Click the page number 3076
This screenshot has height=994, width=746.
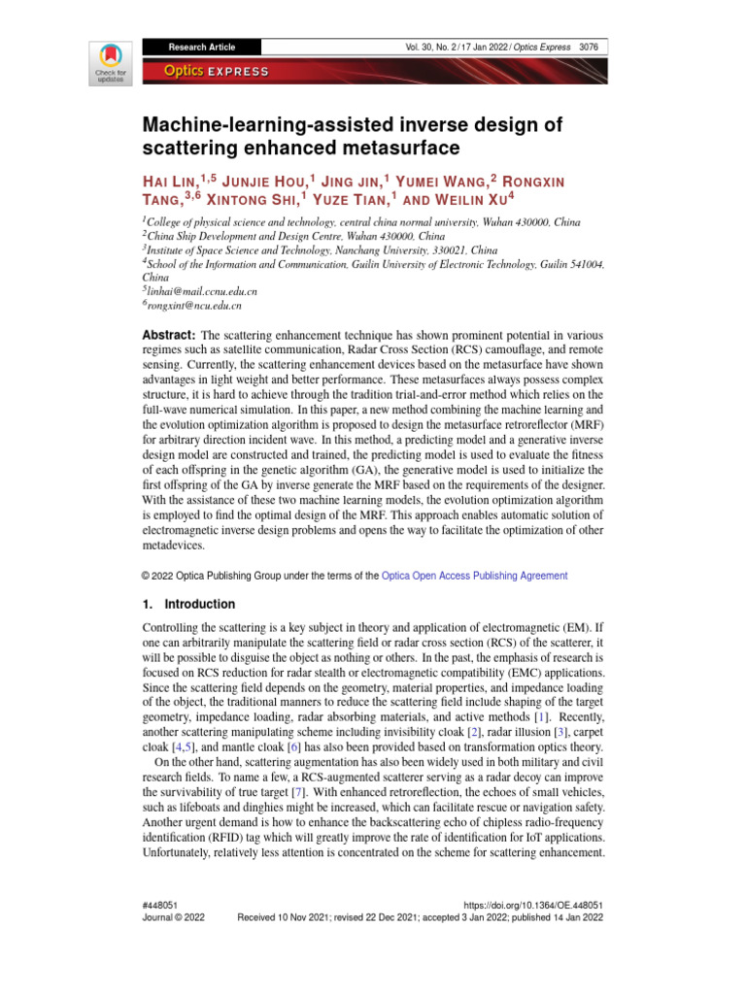(x=588, y=47)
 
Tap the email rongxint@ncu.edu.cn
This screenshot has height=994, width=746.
(x=194, y=305)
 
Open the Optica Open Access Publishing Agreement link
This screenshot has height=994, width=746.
(x=475, y=576)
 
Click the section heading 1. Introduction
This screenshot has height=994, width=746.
(x=188, y=604)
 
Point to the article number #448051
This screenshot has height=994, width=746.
(x=159, y=903)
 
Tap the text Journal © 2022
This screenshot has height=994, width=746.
(x=174, y=916)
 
